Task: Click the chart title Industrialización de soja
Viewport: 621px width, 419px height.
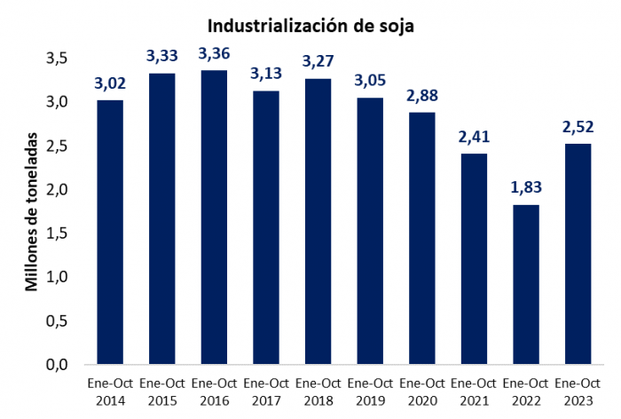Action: coord(310,26)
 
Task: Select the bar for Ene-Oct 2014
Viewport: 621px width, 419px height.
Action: coord(110,232)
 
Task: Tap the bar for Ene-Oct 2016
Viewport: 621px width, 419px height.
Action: coord(214,217)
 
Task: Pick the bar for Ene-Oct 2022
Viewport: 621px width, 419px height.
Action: coord(526,284)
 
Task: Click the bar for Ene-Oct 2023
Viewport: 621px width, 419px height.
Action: coord(578,254)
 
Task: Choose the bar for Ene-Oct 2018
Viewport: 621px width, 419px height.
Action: coord(318,221)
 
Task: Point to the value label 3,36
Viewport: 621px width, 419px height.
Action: coord(214,54)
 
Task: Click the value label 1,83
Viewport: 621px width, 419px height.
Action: coord(526,187)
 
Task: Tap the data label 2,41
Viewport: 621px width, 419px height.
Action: coord(474,138)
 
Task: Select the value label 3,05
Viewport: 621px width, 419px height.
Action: coord(370,81)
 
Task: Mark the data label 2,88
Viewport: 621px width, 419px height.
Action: coord(422,96)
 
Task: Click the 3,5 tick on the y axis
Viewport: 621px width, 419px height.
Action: coord(57,59)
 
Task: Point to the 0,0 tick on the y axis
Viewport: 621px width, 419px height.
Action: coord(57,364)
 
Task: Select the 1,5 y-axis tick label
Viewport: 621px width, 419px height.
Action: coord(57,233)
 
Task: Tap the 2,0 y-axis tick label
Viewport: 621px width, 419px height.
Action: coord(57,190)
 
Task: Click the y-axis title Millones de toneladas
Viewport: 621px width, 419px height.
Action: coord(31,212)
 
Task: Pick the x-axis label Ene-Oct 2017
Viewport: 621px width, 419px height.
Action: coord(266,392)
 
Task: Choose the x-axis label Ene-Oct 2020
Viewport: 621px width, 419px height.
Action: coord(422,392)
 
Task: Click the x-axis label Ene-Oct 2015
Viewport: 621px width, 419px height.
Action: coord(162,392)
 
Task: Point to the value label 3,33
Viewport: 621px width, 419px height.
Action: coord(162,56)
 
